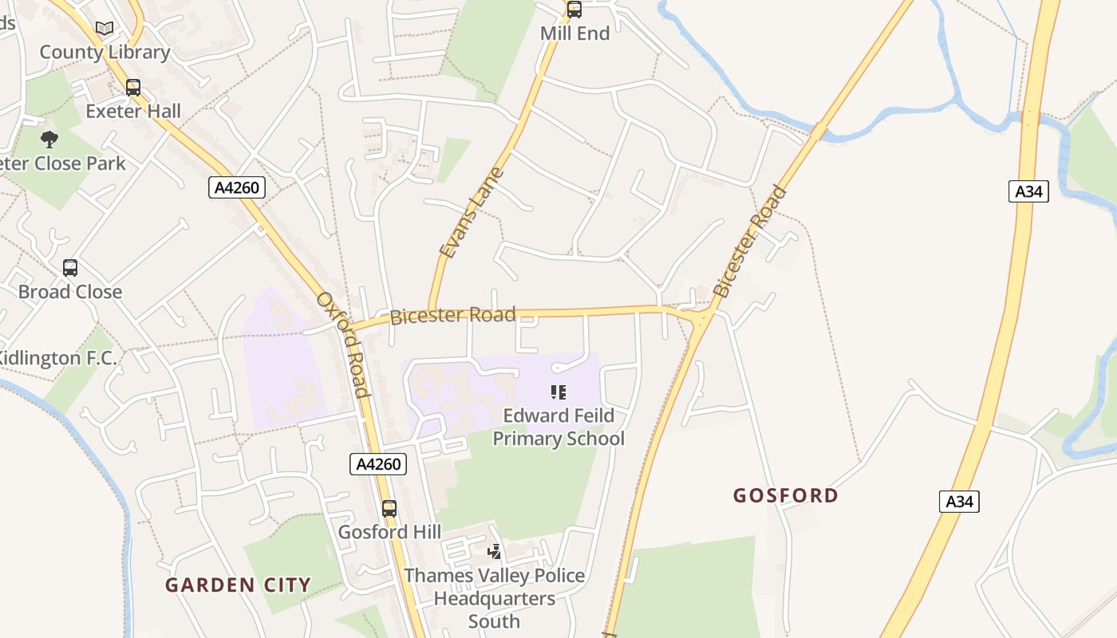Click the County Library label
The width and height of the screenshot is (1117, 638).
click(105, 53)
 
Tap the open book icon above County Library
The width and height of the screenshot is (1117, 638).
click(105, 29)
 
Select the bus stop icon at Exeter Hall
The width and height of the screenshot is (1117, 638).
click(133, 88)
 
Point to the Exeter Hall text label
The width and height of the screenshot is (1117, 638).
click(133, 111)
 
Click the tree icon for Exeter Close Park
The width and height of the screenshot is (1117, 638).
click(49, 140)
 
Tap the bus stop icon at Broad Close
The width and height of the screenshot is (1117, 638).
click(70, 268)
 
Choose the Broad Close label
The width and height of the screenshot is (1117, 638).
click(70, 292)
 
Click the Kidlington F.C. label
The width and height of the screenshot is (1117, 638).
click(57, 359)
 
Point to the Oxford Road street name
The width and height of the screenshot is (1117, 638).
click(344, 344)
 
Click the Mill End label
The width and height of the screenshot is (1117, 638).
click(574, 33)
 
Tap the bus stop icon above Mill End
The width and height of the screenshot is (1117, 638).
click(574, 10)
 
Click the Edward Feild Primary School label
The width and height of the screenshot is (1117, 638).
click(558, 427)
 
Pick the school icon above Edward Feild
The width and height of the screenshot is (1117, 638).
click(558, 392)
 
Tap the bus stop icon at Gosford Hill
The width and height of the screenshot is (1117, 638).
click(389, 509)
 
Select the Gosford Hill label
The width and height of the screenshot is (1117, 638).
click(389, 532)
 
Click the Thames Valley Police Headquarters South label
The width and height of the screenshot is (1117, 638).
click(494, 598)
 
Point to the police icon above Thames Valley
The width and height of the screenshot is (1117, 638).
click(495, 551)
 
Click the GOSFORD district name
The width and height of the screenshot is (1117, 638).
click(786, 496)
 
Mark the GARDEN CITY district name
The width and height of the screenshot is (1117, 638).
click(238, 585)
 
